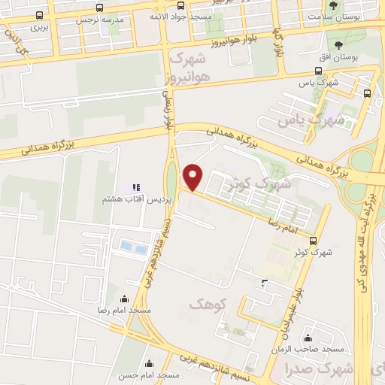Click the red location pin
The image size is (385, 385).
(193, 177)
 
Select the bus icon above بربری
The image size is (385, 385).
(39, 14)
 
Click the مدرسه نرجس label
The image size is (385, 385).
(99, 20)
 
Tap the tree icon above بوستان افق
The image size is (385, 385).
(332, 44)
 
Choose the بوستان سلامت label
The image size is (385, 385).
(332, 15)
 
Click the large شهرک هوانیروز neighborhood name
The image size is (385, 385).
(189, 67)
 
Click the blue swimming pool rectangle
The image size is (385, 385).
(130, 246)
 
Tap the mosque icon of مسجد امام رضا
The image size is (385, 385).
(124, 299)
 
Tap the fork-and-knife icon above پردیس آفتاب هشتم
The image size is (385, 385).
(135, 187)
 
